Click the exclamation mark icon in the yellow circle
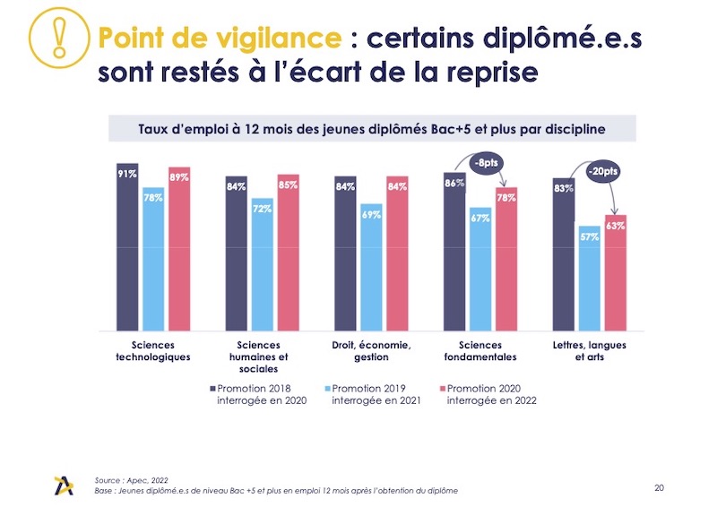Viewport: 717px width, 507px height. tap(58, 38)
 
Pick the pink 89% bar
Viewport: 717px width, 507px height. tap(179, 249)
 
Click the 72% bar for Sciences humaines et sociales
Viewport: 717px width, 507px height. tap(263, 264)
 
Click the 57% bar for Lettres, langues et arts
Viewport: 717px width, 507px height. tap(589, 279)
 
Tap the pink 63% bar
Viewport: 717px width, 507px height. tap(615, 273)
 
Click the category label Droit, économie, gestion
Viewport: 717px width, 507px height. tap(371, 351)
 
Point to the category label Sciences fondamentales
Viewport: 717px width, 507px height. tap(480, 351)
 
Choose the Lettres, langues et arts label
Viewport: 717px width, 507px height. tap(589, 351)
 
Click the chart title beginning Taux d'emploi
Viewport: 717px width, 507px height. tap(372, 129)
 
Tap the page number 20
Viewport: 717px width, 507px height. tap(660, 487)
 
